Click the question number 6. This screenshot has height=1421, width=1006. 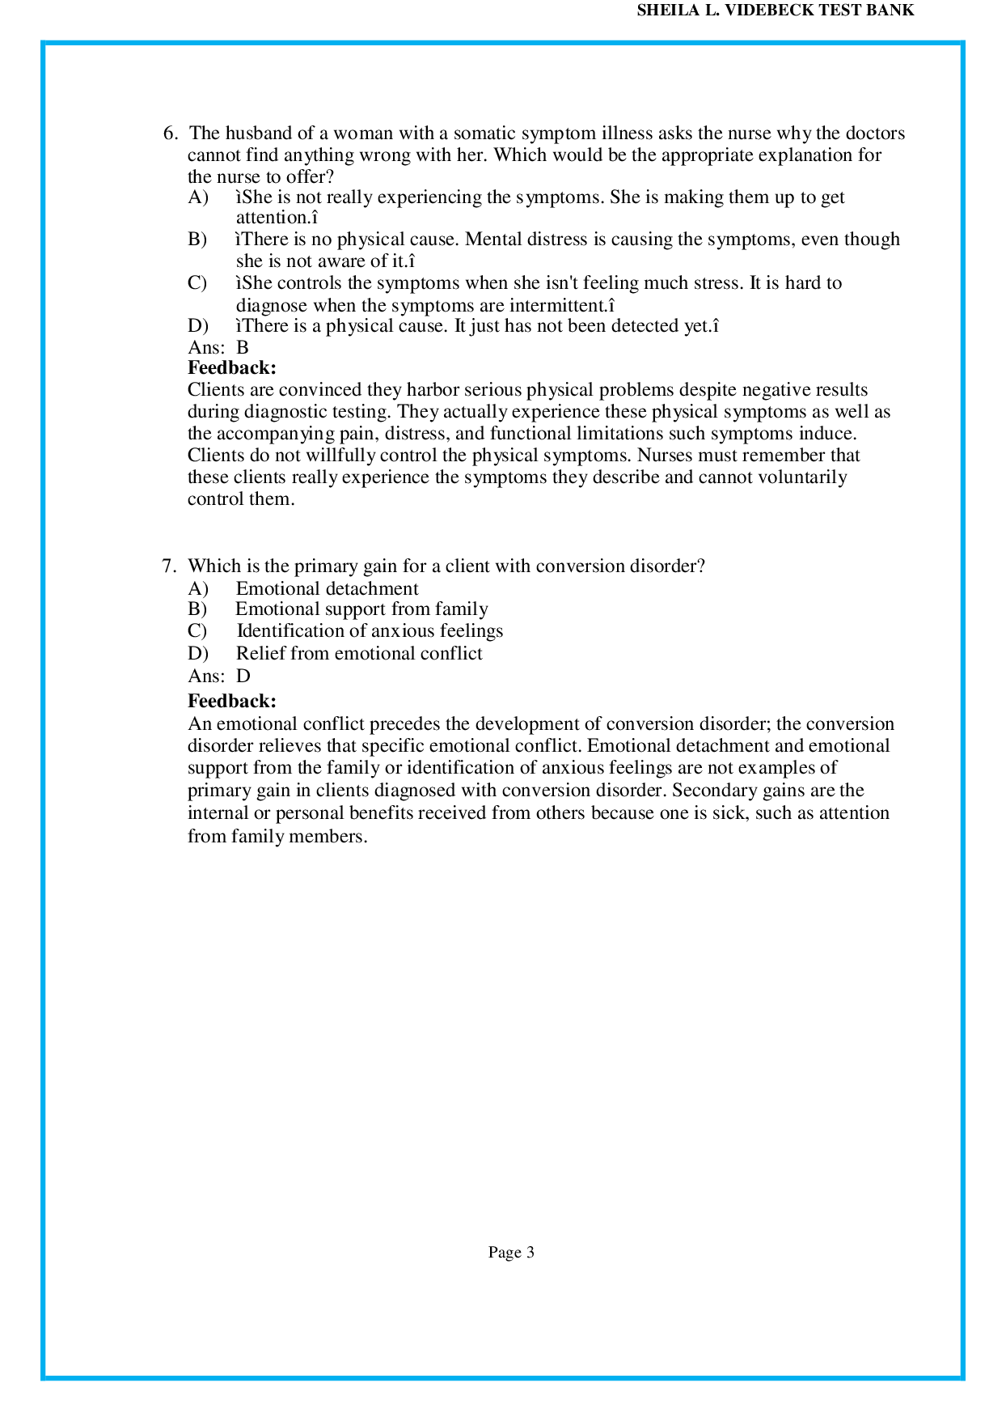click(169, 134)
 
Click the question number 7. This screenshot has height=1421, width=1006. click(169, 566)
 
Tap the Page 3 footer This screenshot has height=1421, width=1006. click(511, 1253)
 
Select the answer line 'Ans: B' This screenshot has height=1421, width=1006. click(218, 348)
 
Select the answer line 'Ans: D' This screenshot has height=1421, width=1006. click(219, 676)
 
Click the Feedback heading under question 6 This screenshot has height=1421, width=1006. click(231, 368)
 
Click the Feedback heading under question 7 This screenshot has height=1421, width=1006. click(231, 701)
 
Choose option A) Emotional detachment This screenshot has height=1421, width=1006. click(327, 589)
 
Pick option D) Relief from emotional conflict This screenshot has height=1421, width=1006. click(358, 654)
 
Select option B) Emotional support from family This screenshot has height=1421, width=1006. click(361, 609)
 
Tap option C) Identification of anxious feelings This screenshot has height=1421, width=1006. click(369, 631)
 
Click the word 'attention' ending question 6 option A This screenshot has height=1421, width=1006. click(272, 218)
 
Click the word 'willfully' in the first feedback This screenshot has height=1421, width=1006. click(340, 456)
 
